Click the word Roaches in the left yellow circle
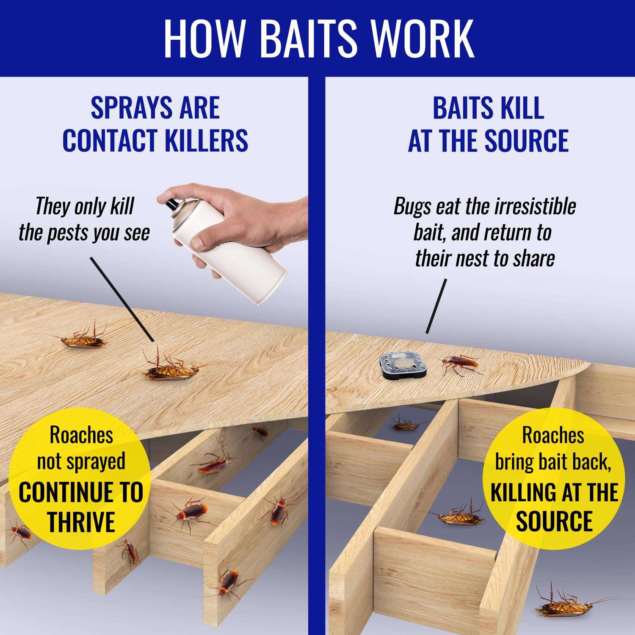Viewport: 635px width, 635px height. pos(82,436)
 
